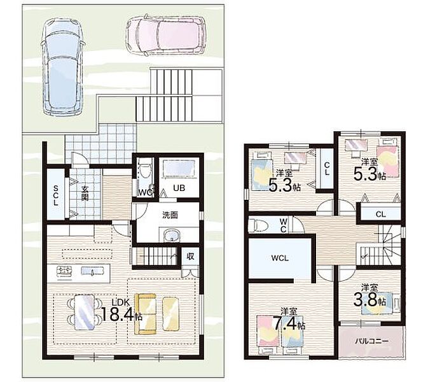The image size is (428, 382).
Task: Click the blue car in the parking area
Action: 62,67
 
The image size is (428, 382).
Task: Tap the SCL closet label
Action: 56,195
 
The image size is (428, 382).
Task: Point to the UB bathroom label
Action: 179,188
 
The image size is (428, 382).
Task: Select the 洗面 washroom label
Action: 170,215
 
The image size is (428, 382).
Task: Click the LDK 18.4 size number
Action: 118,314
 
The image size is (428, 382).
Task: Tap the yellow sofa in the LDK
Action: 146,314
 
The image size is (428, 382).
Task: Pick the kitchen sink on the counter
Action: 93,271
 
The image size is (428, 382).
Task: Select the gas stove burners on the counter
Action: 64,271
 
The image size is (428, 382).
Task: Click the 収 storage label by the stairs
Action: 190,257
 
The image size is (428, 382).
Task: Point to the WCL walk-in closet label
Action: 280,258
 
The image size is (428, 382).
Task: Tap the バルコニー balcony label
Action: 371,341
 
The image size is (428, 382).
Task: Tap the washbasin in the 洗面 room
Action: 171,235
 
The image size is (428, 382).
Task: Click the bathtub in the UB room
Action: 179,168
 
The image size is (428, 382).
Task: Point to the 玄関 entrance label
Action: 85,193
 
